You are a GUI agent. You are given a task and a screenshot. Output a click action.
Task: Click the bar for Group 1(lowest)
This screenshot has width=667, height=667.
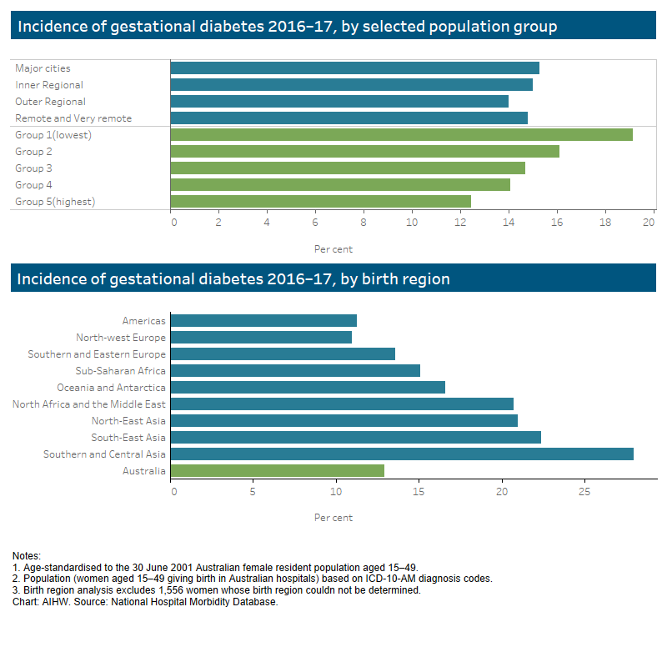(401, 134)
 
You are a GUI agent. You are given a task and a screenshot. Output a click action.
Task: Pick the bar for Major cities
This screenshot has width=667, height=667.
(354, 68)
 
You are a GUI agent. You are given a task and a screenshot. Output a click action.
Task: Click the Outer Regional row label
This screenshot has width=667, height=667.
(50, 102)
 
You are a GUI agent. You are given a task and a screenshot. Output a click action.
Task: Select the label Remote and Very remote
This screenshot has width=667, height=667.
(73, 118)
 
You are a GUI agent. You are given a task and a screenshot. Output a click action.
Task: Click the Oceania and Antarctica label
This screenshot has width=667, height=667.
(111, 387)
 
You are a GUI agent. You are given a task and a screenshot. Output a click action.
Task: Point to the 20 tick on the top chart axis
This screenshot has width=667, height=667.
(649, 223)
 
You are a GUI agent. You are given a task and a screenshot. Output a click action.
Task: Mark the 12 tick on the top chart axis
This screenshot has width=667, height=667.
(459, 223)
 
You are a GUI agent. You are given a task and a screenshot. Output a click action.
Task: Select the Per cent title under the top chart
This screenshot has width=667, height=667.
(333, 248)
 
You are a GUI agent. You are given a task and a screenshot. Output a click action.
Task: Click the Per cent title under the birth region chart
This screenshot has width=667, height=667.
(333, 518)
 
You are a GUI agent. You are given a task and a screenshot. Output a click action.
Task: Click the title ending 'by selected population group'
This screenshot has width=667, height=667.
(288, 27)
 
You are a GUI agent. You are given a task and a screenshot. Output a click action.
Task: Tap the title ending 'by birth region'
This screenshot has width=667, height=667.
(233, 278)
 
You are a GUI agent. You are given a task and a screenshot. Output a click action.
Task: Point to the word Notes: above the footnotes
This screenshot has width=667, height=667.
(27, 555)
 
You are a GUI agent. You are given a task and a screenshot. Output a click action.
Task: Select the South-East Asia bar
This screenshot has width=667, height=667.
(355, 437)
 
